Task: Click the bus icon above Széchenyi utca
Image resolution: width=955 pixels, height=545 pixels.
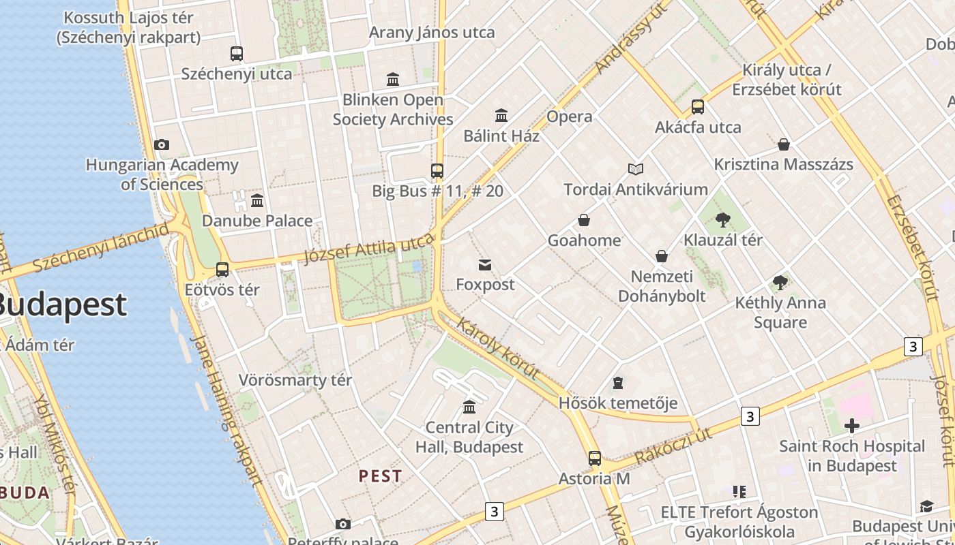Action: click(x=237, y=53)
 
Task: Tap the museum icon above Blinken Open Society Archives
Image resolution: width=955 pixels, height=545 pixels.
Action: click(x=393, y=80)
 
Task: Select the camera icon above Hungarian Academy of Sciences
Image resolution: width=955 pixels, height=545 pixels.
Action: click(x=162, y=144)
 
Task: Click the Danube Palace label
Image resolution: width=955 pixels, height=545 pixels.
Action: click(x=257, y=221)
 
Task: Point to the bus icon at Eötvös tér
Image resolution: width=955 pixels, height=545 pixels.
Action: click(x=222, y=270)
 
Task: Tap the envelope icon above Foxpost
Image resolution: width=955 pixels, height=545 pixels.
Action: click(x=485, y=264)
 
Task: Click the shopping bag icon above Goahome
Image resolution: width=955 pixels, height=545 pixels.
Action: click(x=584, y=220)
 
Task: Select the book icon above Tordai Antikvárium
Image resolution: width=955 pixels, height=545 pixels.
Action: click(x=636, y=169)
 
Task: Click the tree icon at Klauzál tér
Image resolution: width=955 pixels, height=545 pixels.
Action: click(x=723, y=220)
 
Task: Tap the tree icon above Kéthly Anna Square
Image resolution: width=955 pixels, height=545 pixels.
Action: click(x=780, y=283)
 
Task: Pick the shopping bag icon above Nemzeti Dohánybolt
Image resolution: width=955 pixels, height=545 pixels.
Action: click(x=661, y=256)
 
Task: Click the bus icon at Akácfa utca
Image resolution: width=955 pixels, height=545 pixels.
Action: click(x=698, y=107)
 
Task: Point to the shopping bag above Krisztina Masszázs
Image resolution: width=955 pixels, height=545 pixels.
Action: click(x=784, y=144)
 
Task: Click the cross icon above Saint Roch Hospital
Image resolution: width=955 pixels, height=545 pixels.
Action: click(x=852, y=426)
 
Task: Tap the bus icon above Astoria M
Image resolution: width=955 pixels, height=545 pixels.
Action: click(x=595, y=458)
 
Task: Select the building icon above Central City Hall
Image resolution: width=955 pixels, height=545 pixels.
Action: click(x=469, y=407)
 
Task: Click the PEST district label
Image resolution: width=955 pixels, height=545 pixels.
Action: click(x=381, y=476)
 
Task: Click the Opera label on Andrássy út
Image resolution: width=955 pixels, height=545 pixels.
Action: click(x=570, y=116)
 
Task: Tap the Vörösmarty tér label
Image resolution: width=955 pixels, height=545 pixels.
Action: click(x=295, y=380)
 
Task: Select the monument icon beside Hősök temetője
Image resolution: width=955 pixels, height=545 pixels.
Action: click(x=618, y=383)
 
